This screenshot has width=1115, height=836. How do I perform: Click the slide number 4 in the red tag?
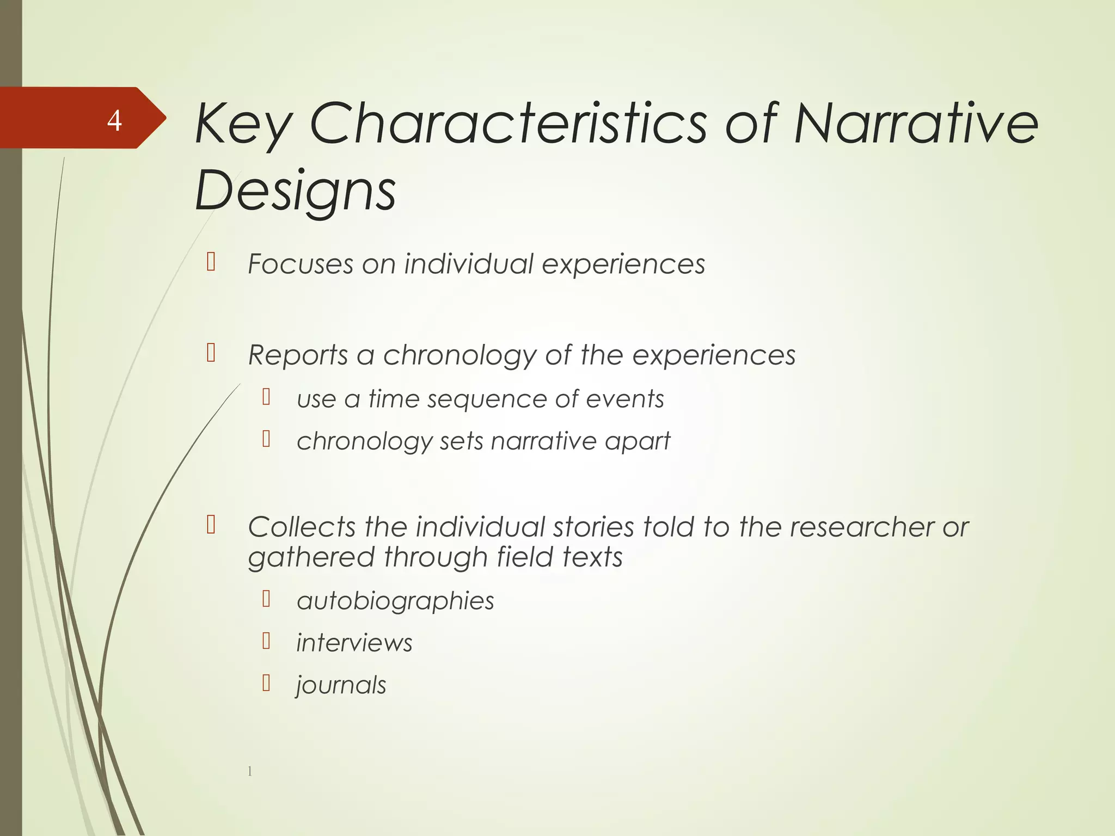tap(114, 120)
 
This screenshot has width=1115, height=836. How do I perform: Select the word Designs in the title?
tap(296, 190)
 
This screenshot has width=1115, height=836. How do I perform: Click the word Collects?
tap(301, 527)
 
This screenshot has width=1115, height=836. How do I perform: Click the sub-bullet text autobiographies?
tap(395, 601)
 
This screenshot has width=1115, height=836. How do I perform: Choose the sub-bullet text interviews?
tap(354, 643)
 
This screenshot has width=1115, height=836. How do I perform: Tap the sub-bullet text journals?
tap(341, 685)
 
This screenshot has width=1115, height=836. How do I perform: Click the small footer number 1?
tap(250, 771)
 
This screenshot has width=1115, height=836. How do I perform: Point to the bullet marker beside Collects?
tap(211, 525)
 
